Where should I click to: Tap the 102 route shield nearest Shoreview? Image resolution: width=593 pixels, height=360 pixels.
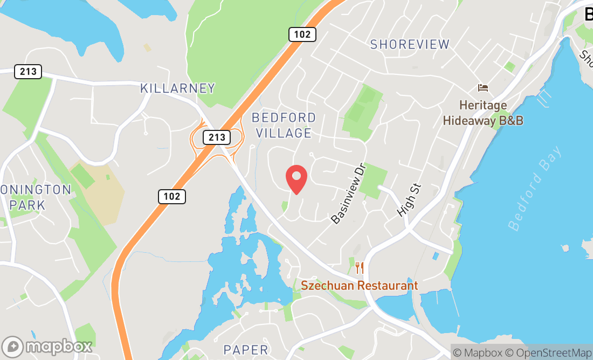pos(302,34)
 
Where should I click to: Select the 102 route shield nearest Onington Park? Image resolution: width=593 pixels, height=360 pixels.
pos(172,197)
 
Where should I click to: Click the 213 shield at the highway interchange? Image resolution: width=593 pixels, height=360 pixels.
pos(217,137)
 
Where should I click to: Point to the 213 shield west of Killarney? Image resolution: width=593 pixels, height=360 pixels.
pos(28,72)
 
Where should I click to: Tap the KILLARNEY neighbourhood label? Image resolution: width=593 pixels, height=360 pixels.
pos(177,88)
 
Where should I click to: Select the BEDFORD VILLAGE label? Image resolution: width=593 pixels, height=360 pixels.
pos(284,125)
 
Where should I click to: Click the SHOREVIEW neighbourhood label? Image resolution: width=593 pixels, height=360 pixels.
pos(410,44)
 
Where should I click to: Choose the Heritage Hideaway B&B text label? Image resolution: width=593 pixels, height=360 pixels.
pos(483,113)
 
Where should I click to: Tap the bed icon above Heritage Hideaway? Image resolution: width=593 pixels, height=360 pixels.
pos(482,88)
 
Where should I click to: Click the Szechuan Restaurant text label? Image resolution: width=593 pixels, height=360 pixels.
pos(359,286)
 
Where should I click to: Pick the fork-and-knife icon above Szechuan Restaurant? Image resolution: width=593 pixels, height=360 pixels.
pos(360,267)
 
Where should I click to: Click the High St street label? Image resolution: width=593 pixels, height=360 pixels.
pos(408,200)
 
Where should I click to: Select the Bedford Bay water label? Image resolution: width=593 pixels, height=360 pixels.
pos(535,188)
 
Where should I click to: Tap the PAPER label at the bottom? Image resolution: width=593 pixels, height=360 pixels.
pos(246,350)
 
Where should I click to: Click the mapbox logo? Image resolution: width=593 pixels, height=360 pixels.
pos(47,346)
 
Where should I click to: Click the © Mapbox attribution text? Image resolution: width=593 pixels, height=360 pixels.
pos(480,352)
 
